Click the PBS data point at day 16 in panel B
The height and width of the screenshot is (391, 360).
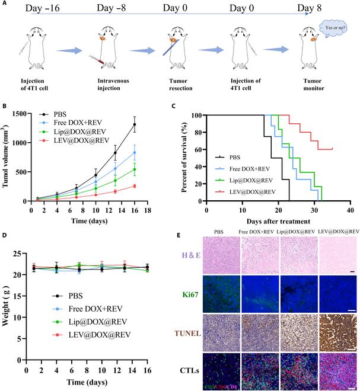[151, 124]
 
